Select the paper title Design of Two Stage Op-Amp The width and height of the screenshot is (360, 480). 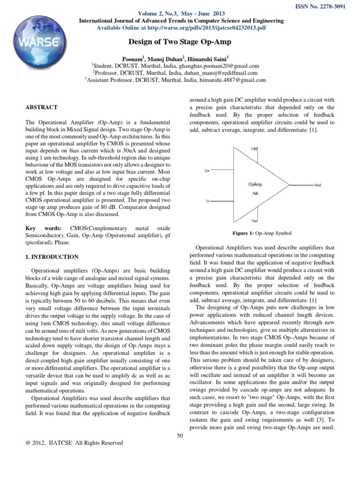pyautogui.click(x=180, y=42)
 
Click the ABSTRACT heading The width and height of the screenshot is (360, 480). pyautogui.click(x=42, y=107)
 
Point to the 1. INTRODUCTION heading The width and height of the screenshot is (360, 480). pyautogui.click(x=52, y=257)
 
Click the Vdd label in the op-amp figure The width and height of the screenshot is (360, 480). pyautogui.click(x=255, y=149)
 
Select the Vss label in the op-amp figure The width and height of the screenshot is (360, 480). pyautogui.click(x=254, y=219)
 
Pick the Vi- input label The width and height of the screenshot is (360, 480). pyautogui.click(x=207, y=200)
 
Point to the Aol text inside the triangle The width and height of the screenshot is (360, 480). pyautogui.click(x=255, y=192)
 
